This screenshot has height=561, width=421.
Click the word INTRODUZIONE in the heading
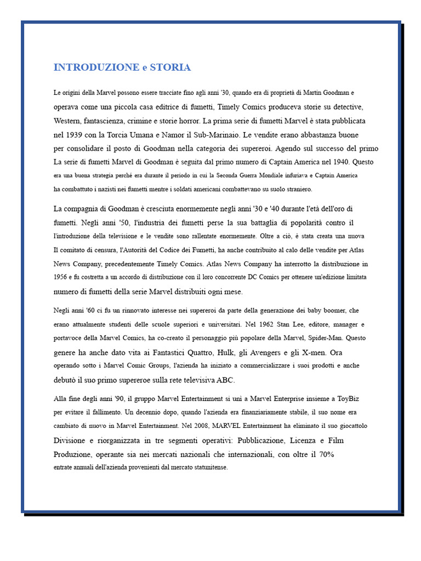click(96, 67)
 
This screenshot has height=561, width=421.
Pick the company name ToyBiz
click(345, 398)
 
